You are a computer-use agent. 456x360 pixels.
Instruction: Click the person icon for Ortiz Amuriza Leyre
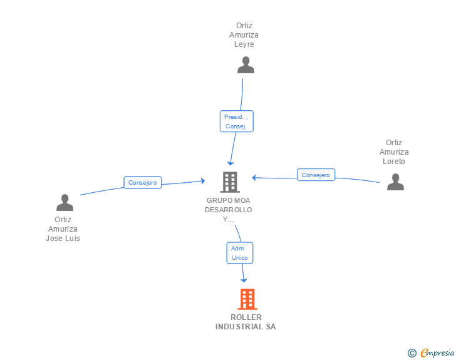(x=246, y=65)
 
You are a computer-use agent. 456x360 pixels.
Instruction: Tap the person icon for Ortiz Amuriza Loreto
(x=395, y=182)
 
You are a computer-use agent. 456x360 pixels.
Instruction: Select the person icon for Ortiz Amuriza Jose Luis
(x=65, y=202)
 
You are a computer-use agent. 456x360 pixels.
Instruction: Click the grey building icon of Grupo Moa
(x=230, y=182)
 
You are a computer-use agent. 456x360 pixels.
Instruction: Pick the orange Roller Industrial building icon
(x=247, y=299)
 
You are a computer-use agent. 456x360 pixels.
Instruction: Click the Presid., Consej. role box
(x=236, y=121)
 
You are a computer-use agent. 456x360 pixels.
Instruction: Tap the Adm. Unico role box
(x=240, y=253)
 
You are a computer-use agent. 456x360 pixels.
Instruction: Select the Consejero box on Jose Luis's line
(x=143, y=183)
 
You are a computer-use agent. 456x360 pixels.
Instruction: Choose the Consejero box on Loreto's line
(x=316, y=175)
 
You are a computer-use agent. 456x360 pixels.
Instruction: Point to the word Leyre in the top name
(x=244, y=44)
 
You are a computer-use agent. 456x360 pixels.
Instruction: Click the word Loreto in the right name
(x=394, y=162)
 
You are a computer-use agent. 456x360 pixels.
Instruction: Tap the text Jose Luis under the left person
(x=63, y=239)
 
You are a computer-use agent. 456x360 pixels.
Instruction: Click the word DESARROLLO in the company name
(x=228, y=210)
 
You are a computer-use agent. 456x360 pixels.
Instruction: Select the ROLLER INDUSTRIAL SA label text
(x=246, y=322)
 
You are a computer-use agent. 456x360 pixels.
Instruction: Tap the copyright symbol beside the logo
(x=412, y=353)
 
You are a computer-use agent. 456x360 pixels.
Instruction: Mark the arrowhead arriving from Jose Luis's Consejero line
(x=202, y=180)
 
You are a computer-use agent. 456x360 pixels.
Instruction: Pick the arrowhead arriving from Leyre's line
(x=231, y=162)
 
